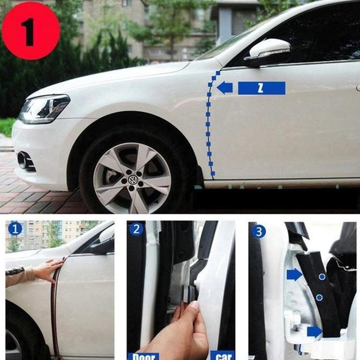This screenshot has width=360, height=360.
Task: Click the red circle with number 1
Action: pyautogui.click(x=31, y=31)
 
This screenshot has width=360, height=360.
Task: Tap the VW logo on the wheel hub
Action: pyautogui.click(x=132, y=178)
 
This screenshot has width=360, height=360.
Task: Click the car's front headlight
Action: pyautogui.click(x=44, y=108)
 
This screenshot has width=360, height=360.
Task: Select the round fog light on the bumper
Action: pyautogui.click(x=22, y=160)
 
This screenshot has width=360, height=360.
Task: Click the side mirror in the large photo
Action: pyautogui.click(x=267, y=52)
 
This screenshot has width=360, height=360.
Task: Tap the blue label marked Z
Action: pyautogui.click(x=261, y=88)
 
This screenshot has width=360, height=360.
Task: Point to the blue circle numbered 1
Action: pyautogui.click(x=15, y=230)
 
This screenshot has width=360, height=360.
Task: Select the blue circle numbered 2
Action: pyautogui.click(x=137, y=230)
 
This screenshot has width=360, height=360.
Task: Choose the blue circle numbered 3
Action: pyautogui.click(x=259, y=231)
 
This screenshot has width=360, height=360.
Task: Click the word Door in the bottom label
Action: pyautogui.click(x=143, y=356)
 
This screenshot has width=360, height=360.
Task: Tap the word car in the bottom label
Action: pyautogui.click(x=222, y=356)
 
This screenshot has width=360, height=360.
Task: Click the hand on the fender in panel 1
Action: pyautogui.click(x=47, y=270)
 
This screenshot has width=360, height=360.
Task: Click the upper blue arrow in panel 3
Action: pyautogui.click(x=294, y=275)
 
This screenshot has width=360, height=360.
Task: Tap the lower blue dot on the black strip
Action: pyautogui.click(x=319, y=297)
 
